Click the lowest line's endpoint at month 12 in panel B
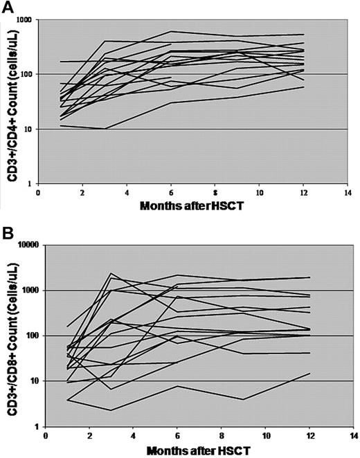pyautogui.click(x=310, y=374)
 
